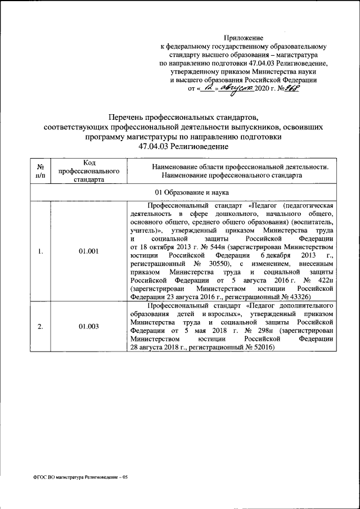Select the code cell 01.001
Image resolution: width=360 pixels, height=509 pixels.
click(89, 251)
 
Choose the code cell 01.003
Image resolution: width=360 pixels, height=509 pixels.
click(89, 326)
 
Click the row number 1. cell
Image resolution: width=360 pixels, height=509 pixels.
click(41, 251)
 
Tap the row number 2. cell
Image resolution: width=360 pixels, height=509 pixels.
click(41, 326)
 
